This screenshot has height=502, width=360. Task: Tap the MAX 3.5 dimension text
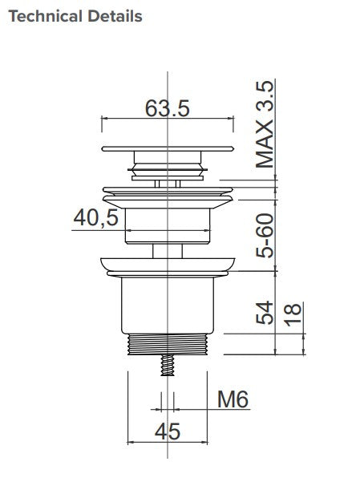[x=265, y=124]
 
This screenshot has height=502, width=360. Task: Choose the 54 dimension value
[x=265, y=312]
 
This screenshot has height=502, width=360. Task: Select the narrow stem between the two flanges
[x=167, y=250]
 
